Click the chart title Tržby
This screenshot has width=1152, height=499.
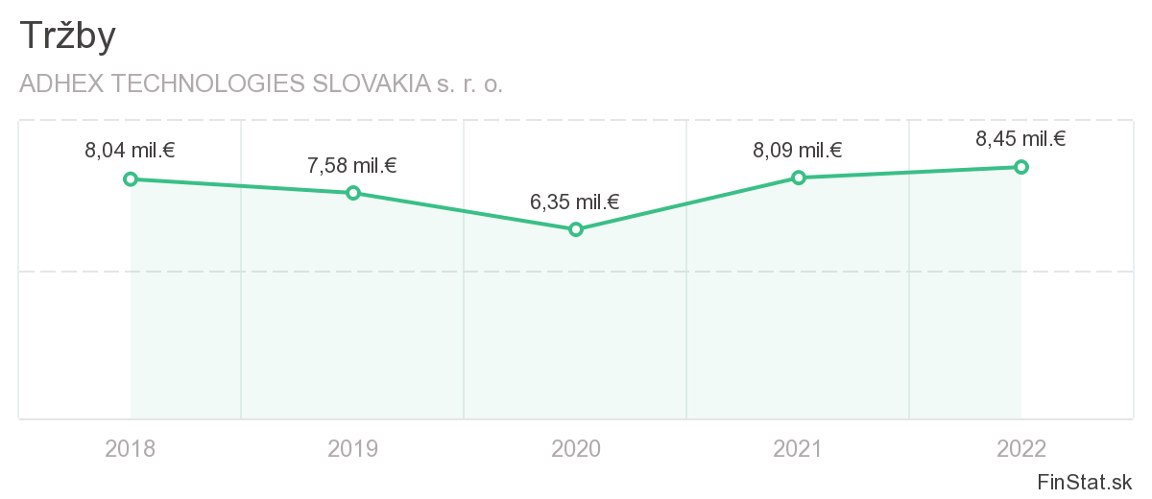[67, 36]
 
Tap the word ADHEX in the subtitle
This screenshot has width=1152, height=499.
[61, 83]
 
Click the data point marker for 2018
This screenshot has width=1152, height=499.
[131, 178]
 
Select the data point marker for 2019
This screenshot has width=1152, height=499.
[353, 193]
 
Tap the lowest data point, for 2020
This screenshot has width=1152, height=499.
[576, 229]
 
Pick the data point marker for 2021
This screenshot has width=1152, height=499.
[798, 178]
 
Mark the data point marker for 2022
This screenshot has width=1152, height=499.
[1021, 167]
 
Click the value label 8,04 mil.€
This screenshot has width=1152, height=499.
[130, 151]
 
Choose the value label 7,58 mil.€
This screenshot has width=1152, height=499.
[352, 165]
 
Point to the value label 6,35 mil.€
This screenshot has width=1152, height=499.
[575, 202]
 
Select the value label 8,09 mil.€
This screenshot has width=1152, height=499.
[798, 150]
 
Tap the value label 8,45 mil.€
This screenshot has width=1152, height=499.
[1021, 139]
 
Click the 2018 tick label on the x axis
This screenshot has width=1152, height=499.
[131, 448]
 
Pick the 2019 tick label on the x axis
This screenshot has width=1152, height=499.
[353, 448]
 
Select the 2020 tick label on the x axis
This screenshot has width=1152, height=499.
[576, 448]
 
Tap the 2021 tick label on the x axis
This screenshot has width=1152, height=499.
[798, 448]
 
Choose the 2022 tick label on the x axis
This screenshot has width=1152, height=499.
[1021, 448]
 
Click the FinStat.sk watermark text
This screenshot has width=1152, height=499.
[1085, 481]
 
